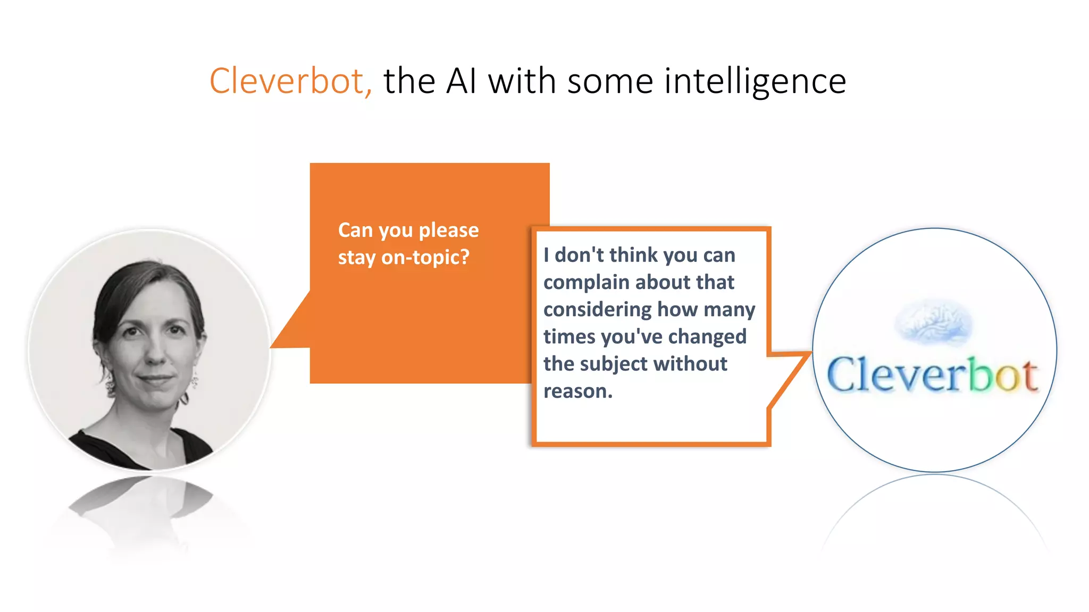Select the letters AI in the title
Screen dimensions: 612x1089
click(461, 81)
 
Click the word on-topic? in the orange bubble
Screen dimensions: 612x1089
click(425, 258)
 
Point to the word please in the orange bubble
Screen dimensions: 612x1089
click(449, 231)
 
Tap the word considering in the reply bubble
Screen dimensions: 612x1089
click(597, 310)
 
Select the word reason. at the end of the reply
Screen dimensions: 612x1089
click(578, 392)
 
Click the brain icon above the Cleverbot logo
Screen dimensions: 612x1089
click(933, 322)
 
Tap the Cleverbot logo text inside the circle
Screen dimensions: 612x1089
click(932, 375)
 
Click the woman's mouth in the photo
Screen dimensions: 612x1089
click(155, 379)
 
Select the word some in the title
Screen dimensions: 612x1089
click(610, 81)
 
